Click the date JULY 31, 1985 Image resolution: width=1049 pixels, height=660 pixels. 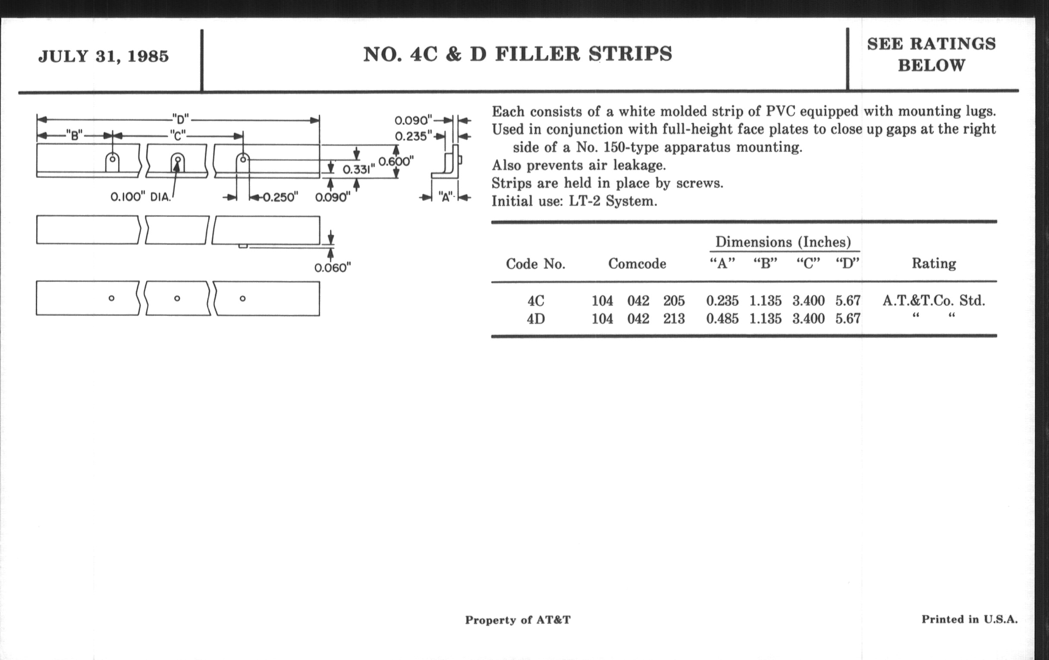pyautogui.click(x=103, y=57)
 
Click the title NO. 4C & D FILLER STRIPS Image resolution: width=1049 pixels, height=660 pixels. pyautogui.click(x=518, y=54)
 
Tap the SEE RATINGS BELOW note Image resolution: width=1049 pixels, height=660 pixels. pyautogui.click(x=931, y=54)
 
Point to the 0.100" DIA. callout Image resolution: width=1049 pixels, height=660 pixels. pyautogui.click(x=140, y=197)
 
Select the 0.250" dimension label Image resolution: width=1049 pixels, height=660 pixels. pyautogui.click(x=280, y=197)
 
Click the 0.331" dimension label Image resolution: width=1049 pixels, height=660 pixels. pyautogui.click(x=358, y=170)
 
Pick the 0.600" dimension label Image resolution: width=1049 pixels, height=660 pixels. pyautogui.click(x=396, y=162)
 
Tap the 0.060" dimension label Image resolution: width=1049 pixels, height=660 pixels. pyautogui.click(x=333, y=267)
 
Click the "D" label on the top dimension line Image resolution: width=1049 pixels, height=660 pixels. pyautogui.click(x=180, y=119)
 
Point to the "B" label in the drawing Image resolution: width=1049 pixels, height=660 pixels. pyautogui.click(x=75, y=135)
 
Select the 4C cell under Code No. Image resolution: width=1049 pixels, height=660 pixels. pyautogui.click(x=535, y=301)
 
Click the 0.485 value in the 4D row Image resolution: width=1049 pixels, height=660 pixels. pyautogui.click(x=722, y=319)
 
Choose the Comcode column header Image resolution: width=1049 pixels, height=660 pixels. pyautogui.click(x=637, y=264)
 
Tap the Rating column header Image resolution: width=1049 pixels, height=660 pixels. pyautogui.click(x=934, y=263)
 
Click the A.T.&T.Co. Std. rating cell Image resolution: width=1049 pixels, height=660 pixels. pyautogui.click(x=933, y=301)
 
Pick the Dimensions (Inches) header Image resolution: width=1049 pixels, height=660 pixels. pyautogui.click(x=783, y=242)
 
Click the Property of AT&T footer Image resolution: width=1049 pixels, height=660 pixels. pyautogui.click(x=518, y=620)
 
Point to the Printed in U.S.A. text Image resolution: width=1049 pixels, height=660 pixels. pyautogui.click(x=969, y=619)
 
